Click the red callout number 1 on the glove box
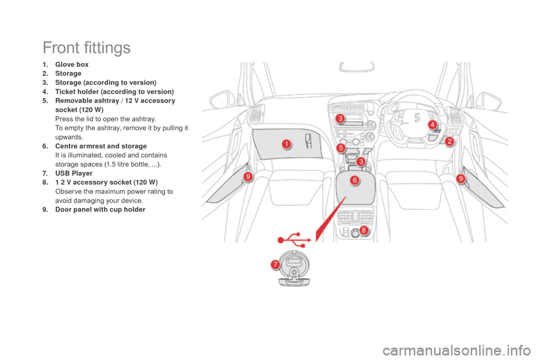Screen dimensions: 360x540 (286, 144)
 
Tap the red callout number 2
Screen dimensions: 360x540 (449, 142)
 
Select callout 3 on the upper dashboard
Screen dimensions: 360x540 (340, 118)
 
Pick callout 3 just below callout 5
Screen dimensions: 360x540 (359, 161)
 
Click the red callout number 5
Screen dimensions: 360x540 (341, 147)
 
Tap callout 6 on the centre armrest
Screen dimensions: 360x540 (355, 180)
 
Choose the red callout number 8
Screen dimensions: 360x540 (364, 230)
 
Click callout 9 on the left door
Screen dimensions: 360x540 (248, 177)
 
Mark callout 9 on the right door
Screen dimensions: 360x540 (461, 178)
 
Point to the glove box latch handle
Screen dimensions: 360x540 (309, 141)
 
